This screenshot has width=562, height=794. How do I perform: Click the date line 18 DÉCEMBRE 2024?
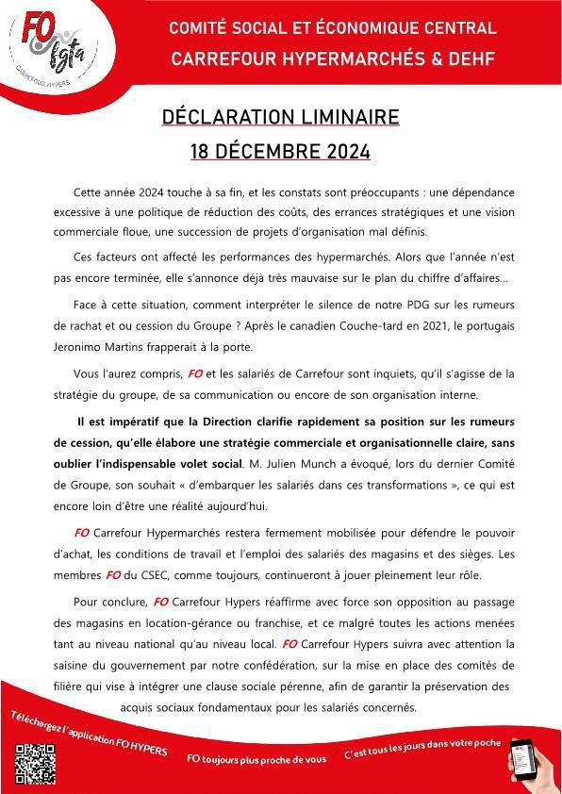click(x=280, y=151)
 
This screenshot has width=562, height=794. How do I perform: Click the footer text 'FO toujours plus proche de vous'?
click(x=256, y=758)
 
